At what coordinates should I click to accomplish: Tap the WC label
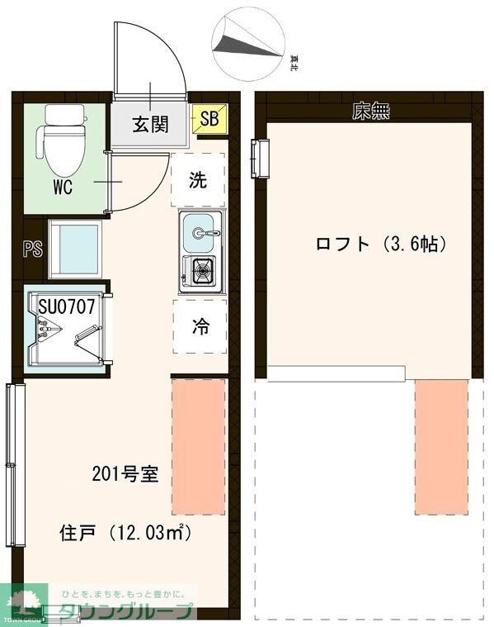click(63, 188)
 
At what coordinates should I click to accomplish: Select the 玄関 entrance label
click(151, 125)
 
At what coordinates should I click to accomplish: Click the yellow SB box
click(209, 119)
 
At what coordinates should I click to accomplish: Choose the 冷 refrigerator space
click(200, 326)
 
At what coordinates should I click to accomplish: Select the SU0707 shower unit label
click(67, 306)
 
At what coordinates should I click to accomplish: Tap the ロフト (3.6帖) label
click(381, 245)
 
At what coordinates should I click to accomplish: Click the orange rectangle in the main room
click(198, 447)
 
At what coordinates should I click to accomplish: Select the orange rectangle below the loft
click(441, 447)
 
